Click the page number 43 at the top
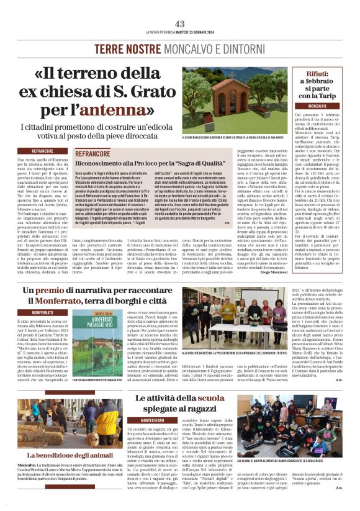tap(179, 24)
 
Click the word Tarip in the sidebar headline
tap(331, 96)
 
